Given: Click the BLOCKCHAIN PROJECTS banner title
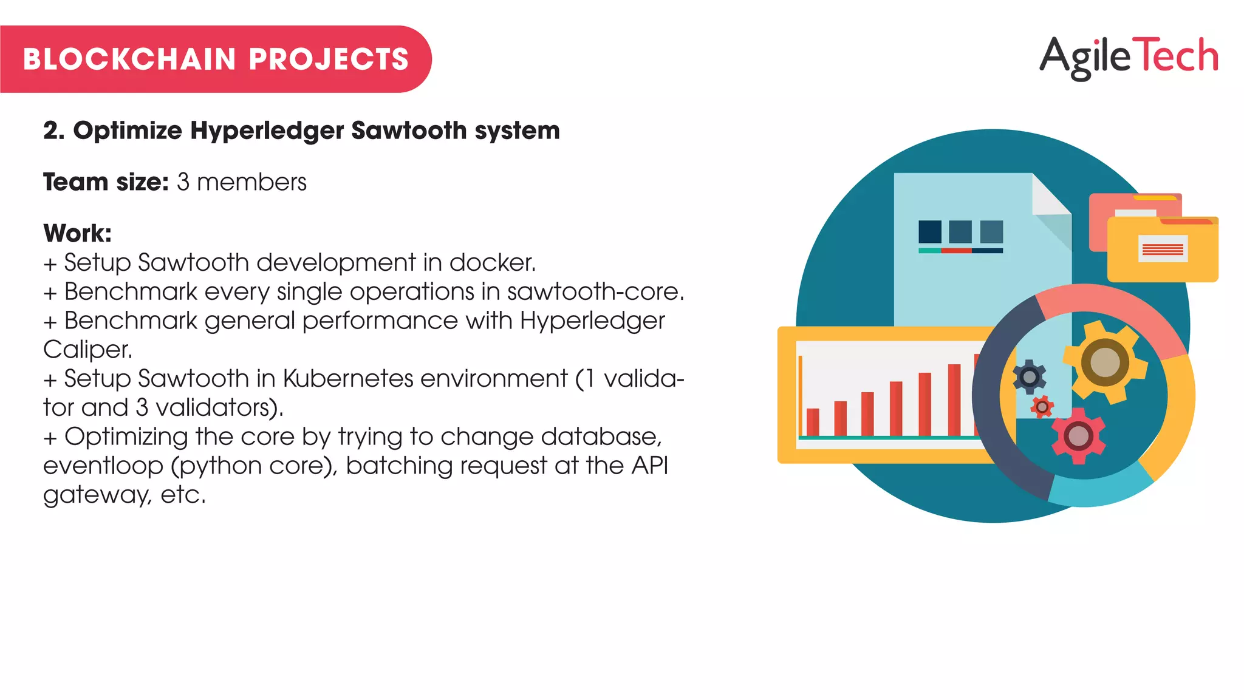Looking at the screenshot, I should click(x=216, y=59).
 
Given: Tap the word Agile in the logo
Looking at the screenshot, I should click(x=1085, y=56).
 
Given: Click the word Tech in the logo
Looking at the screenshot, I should click(x=1176, y=55).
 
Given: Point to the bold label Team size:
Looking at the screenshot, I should click(x=106, y=182).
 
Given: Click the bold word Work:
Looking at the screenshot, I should click(x=77, y=233).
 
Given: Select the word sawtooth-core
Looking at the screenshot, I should click(x=595, y=291).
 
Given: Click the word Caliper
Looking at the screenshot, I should click(x=87, y=349).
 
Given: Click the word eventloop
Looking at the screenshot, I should click(x=103, y=466).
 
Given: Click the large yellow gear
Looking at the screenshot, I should click(x=1105, y=362).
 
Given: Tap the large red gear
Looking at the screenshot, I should click(x=1078, y=436).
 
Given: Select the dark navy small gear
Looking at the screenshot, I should click(x=1030, y=377).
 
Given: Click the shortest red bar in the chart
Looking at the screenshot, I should click(x=813, y=422).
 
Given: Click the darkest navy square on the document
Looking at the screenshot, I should click(x=930, y=231).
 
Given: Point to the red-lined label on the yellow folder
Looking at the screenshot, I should click(x=1163, y=249).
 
